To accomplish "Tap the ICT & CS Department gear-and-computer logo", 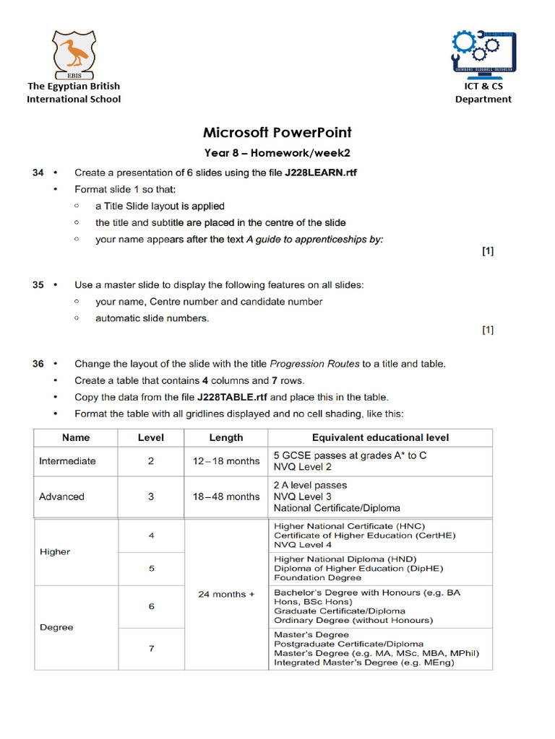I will pyautogui.click(x=482, y=54).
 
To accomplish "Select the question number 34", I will pyautogui.click(x=38, y=172).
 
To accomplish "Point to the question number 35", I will pyautogui.click(x=38, y=285).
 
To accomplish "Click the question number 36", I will pyautogui.click(x=38, y=364).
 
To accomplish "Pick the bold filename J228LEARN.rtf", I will pyautogui.click(x=320, y=173).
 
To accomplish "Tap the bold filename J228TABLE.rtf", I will pyautogui.click(x=232, y=397).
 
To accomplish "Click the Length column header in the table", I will pyautogui.click(x=226, y=437).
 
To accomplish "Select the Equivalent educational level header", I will pyautogui.click(x=380, y=437).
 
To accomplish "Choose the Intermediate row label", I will pyautogui.click(x=67, y=461).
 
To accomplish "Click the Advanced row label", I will pyautogui.click(x=61, y=497).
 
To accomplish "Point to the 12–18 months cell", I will pyautogui.click(x=226, y=461).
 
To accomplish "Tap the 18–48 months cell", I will pyautogui.click(x=226, y=497).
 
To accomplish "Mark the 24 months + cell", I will pyautogui.click(x=226, y=595).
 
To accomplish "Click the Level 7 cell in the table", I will pyautogui.click(x=151, y=648).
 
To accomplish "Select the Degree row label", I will pyautogui.click(x=56, y=627).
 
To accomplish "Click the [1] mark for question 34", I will pyautogui.click(x=488, y=251).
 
